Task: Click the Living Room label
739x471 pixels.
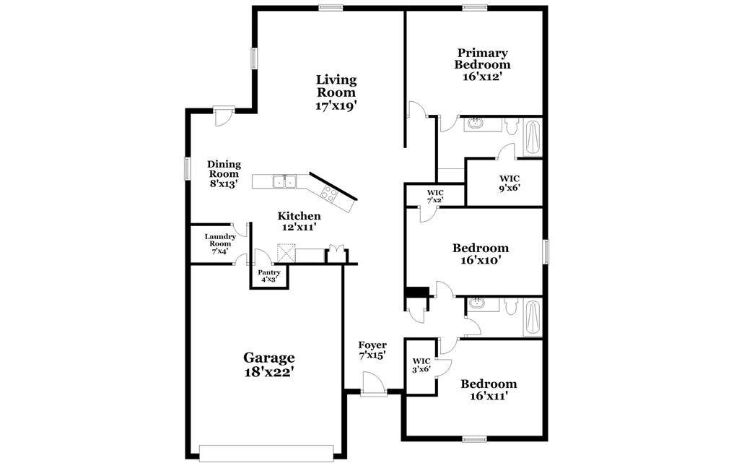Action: click(x=336, y=86)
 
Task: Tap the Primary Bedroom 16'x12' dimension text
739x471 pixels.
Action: click(x=481, y=77)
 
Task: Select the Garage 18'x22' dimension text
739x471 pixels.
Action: click(x=269, y=372)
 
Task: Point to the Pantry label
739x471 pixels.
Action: click(x=269, y=272)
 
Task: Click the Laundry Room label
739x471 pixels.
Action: click(x=220, y=241)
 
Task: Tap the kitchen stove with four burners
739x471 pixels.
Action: click(x=328, y=194)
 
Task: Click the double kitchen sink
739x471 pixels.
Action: click(x=284, y=181)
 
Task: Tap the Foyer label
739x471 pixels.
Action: click(x=372, y=345)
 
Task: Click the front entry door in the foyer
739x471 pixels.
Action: click(x=374, y=383)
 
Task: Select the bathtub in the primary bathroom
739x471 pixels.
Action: click(x=533, y=138)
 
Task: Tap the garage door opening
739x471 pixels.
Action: click(x=266, y=453)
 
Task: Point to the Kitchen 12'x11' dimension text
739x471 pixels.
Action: click(x=299, y=227)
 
